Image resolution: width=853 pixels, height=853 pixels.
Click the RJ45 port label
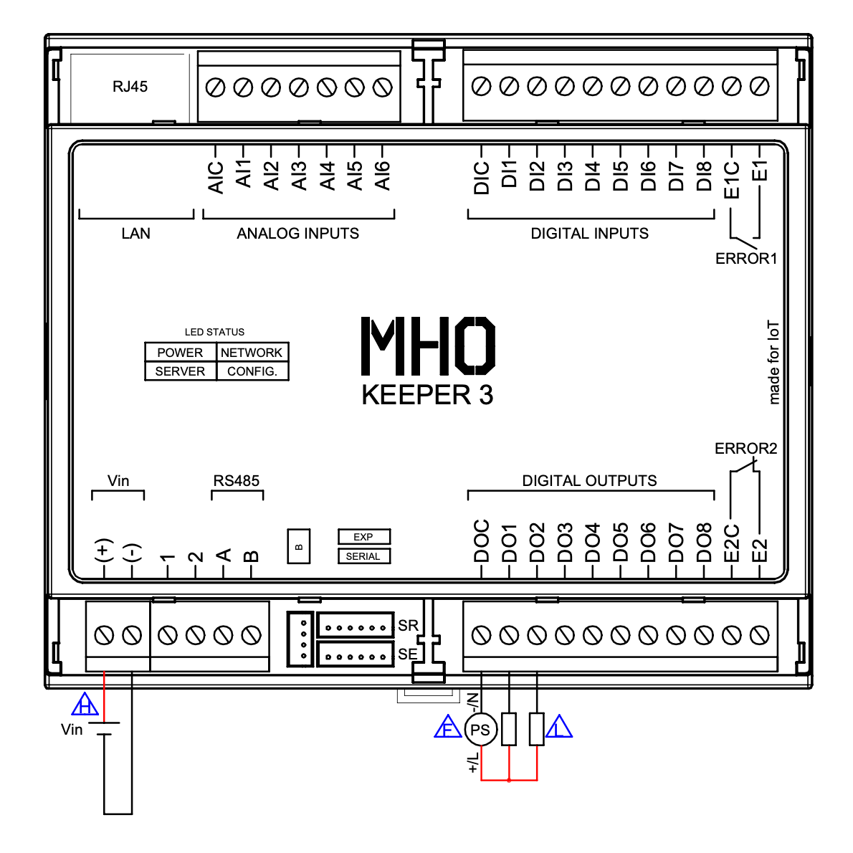coord(130,87)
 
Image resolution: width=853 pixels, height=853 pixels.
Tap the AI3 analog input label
coord(299,176)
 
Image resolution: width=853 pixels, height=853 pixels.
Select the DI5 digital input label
coord(621,176)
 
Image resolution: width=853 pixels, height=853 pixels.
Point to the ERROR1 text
coord(746,259)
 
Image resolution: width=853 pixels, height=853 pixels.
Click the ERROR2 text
coord(745,449)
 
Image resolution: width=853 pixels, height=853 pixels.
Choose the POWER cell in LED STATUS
coord(180,353)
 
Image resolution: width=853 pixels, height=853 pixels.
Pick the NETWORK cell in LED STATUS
coord(252,353)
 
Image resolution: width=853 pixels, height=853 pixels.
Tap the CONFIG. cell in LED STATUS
coord(252,371)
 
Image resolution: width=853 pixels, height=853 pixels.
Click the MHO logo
coord(428,346)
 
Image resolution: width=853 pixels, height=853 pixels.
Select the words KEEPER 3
coord(427,395)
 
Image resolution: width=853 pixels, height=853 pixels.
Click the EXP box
coord(363,537)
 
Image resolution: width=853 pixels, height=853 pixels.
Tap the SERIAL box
coord(363,556)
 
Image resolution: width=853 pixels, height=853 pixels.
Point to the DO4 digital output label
coord(593,543)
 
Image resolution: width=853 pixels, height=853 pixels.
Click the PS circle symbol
coord(480,730)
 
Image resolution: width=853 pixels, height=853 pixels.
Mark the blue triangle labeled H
coord(85,705)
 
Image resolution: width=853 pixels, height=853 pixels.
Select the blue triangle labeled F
coord(448,728)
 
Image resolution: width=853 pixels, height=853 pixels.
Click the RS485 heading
coord(237,481)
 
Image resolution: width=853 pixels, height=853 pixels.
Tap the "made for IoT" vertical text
coord(773,362)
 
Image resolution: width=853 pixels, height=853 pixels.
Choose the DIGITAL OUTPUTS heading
coord(589,481)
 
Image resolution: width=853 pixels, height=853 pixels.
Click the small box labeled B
coord(299,546)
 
